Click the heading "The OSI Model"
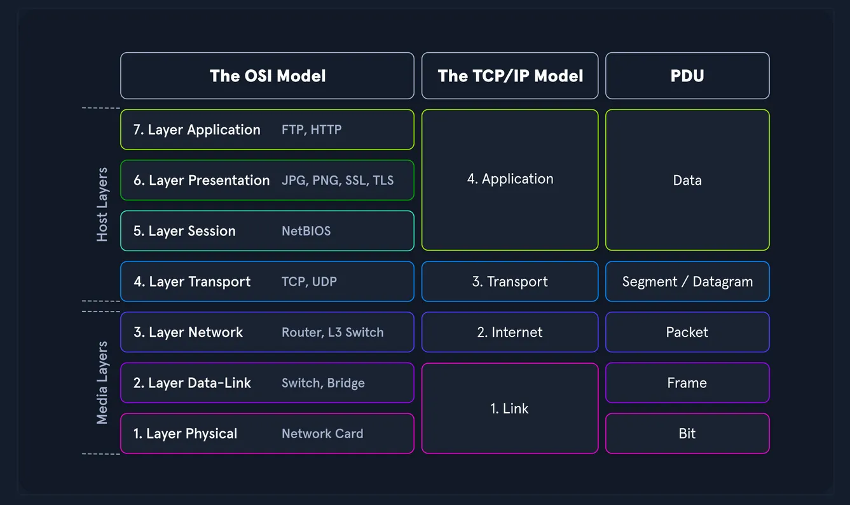click(268, 76)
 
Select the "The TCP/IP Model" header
click(510, 76)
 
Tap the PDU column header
click(687, 76)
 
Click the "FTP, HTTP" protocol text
click(312, 130)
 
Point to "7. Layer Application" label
click(197, 130)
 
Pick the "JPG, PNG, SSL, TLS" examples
click(338, 181)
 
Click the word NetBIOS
click(306, 231)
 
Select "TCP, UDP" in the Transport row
click(309, 282)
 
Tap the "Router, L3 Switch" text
click(332, 333)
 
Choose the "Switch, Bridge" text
click(323, 383)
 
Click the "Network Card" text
click(322, 434)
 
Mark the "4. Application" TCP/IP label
click(510, 179)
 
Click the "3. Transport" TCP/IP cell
click(510, 282)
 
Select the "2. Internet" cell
click(510, 333)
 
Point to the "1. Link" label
click(510, 409)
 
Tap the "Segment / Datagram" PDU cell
click(687, 282)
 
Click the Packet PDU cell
click(687, 333)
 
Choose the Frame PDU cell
click(687, 383)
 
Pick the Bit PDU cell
click(687, 434)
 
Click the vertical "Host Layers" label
click(102, 205)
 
